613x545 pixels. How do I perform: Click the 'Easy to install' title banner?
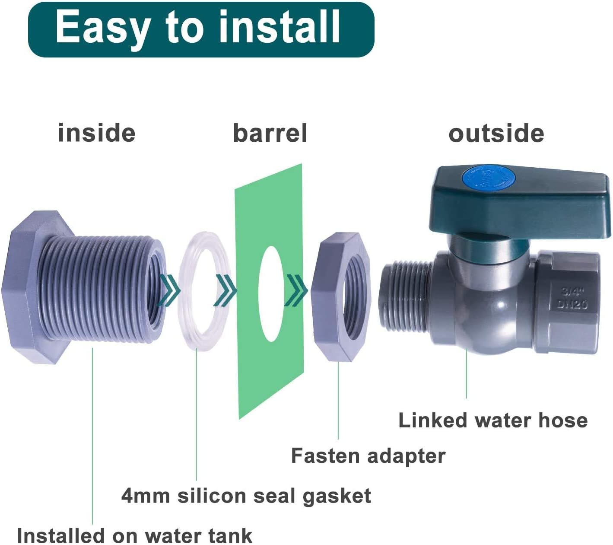(201, 29)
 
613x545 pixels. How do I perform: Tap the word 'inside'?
(97, 133)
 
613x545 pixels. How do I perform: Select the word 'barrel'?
(270, 133)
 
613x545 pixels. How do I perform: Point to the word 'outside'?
(496, 134)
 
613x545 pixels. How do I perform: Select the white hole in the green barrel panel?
(271, 294)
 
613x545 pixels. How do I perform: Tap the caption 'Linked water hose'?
(492, 420)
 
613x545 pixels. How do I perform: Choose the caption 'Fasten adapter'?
(368, 456)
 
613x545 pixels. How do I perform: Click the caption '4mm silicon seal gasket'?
(246, 496)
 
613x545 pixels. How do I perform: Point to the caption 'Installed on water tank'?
(134, 536)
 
